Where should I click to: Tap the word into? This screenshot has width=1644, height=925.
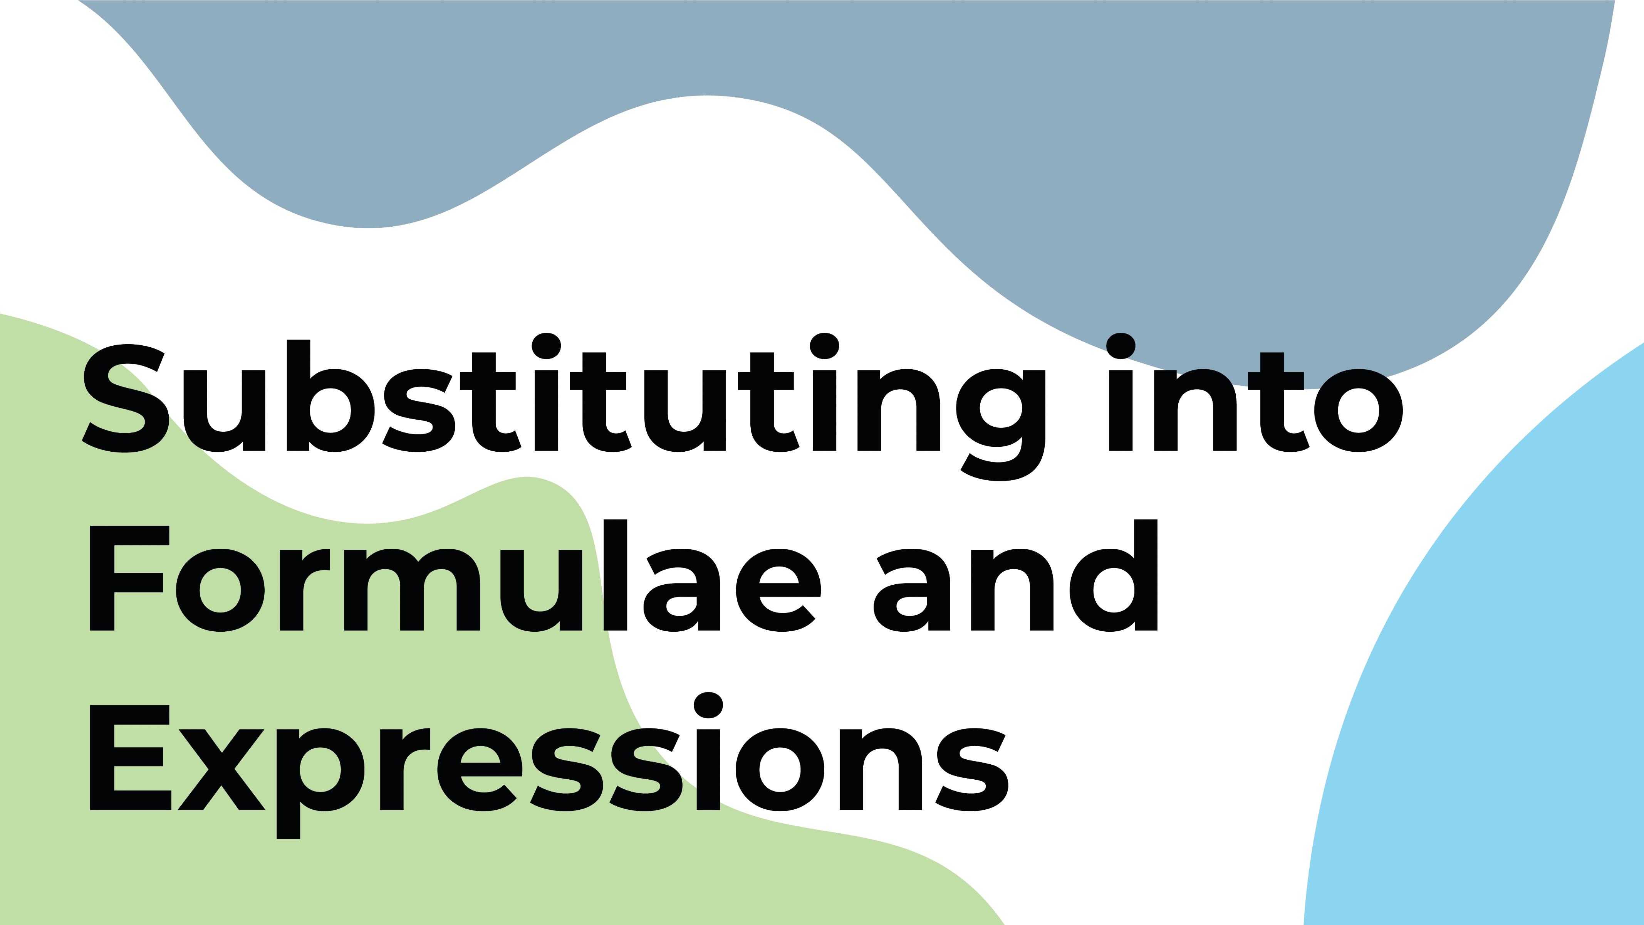coord(1255,392)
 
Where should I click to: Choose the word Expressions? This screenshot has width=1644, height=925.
coord(549,765)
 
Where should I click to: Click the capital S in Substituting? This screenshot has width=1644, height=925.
coord(125,399)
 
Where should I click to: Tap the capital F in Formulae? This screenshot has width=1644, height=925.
coord(129,579)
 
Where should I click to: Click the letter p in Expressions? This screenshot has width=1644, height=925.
coord(320,783)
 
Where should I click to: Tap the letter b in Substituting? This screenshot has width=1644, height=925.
coord(330,396)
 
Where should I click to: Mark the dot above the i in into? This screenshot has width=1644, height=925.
coord(1121,346)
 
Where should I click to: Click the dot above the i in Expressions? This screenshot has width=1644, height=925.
coord(708,705)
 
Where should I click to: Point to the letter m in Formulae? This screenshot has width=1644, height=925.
coord(412,590)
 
